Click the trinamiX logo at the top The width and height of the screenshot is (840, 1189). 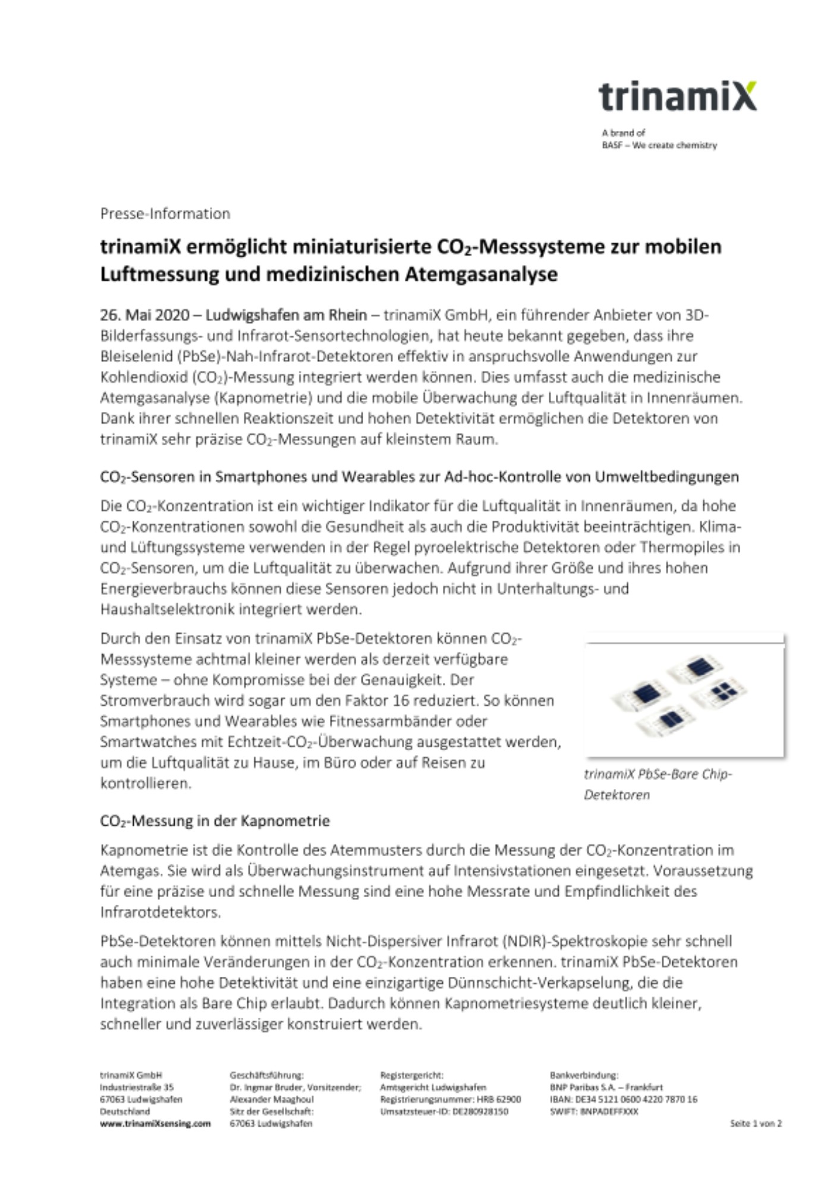tap(677, 97)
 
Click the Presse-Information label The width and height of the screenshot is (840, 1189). tap(165, 213)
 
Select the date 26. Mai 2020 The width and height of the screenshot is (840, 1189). tap(144, 314)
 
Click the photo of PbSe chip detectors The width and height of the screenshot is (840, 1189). tap(684, 696)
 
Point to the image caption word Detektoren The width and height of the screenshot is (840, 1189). tap(616, 795)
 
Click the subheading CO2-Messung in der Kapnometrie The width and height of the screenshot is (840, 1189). tap(215, 821)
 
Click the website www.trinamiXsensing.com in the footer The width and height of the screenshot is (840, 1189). tap(155, 1124)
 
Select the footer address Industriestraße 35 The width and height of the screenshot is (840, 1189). tap(137, 1087)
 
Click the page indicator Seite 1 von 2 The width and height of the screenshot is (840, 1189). tap(756, 1124)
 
